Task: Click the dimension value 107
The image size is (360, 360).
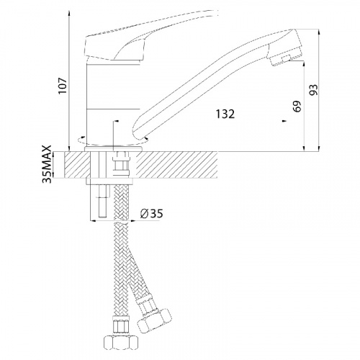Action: coord(63,86)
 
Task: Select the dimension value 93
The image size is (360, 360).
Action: coord(313,90)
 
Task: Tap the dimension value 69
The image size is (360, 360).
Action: coord(297,107)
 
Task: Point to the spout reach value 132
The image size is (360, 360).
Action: coord(225,114)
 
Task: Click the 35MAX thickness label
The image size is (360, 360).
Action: coord(47,164)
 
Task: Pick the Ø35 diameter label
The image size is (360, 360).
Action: coord(152,213)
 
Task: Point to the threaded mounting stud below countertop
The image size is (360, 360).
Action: coord(103,200)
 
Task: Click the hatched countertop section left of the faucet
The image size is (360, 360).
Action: coord(77,165)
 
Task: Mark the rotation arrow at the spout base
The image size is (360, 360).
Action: coord(146,138)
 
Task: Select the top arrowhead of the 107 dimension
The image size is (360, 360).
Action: coord(69,12)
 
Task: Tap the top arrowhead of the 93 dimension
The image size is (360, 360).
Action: coord(319,32)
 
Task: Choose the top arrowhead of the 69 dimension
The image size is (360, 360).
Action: coord(304,64)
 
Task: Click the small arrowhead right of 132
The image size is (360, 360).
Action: coord(284,121)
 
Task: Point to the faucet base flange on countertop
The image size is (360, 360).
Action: coord(113,149)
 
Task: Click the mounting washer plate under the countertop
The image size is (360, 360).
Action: coord(109,181)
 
